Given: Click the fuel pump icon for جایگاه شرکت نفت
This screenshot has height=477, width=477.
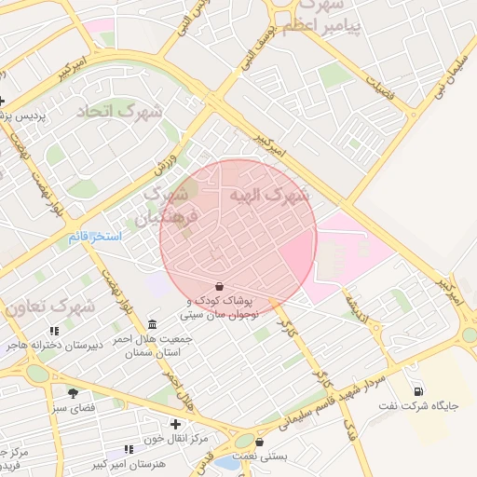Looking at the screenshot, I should [x=418, y=390].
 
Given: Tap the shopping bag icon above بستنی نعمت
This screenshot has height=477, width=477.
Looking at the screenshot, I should [x=259, y=442].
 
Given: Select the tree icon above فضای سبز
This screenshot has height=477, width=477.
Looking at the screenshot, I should [x=73, y=393].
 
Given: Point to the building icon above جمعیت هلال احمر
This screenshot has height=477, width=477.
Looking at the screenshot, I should [x=152, y=323].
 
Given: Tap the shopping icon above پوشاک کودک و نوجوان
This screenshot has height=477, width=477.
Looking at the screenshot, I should [x=218, y=286].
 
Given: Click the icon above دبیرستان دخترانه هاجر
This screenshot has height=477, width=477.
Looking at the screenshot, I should [x=54, y=331].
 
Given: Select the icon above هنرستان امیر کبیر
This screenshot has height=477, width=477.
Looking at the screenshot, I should [x=128, y=449].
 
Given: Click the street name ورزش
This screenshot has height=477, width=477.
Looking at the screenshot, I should [x=166, y=155].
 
